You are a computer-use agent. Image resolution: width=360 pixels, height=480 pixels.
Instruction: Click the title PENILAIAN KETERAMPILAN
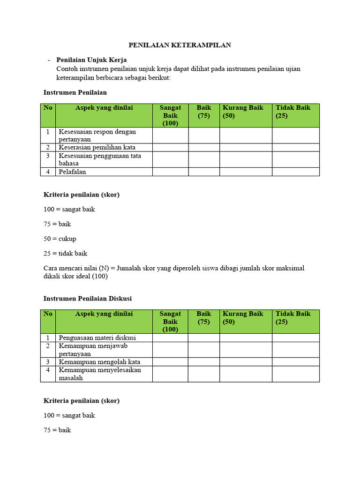tap(180, 45)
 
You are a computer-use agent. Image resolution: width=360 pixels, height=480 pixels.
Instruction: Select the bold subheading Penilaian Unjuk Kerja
tap(91, 60)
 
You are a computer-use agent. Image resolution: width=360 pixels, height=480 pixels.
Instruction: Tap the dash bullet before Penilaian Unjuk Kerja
tap(49, 60)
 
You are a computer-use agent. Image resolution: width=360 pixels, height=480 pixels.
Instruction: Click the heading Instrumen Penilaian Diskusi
tap(88, 298)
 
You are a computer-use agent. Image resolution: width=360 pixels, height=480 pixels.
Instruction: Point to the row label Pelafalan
tap(72, 172)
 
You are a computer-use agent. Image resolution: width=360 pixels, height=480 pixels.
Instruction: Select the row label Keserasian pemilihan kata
tap(97, 147)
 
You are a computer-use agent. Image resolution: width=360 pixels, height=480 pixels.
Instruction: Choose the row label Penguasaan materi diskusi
tap(97, 337)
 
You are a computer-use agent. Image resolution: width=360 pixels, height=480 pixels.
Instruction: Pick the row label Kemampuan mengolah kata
tap(99, 362)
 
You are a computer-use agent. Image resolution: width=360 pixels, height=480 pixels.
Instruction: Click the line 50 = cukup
tap(60, 239)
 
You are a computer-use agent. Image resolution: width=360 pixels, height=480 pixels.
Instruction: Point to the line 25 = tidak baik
tap(66, 254)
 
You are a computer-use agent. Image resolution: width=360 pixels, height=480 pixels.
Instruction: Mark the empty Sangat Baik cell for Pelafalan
tap(170, 172)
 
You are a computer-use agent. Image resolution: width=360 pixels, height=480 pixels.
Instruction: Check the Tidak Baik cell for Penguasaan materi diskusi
tap(295, 337)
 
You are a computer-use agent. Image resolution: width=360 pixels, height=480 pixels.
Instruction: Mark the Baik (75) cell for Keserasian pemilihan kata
tap(204, 147)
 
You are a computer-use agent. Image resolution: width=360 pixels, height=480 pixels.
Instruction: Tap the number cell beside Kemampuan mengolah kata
tap(48, 362)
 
